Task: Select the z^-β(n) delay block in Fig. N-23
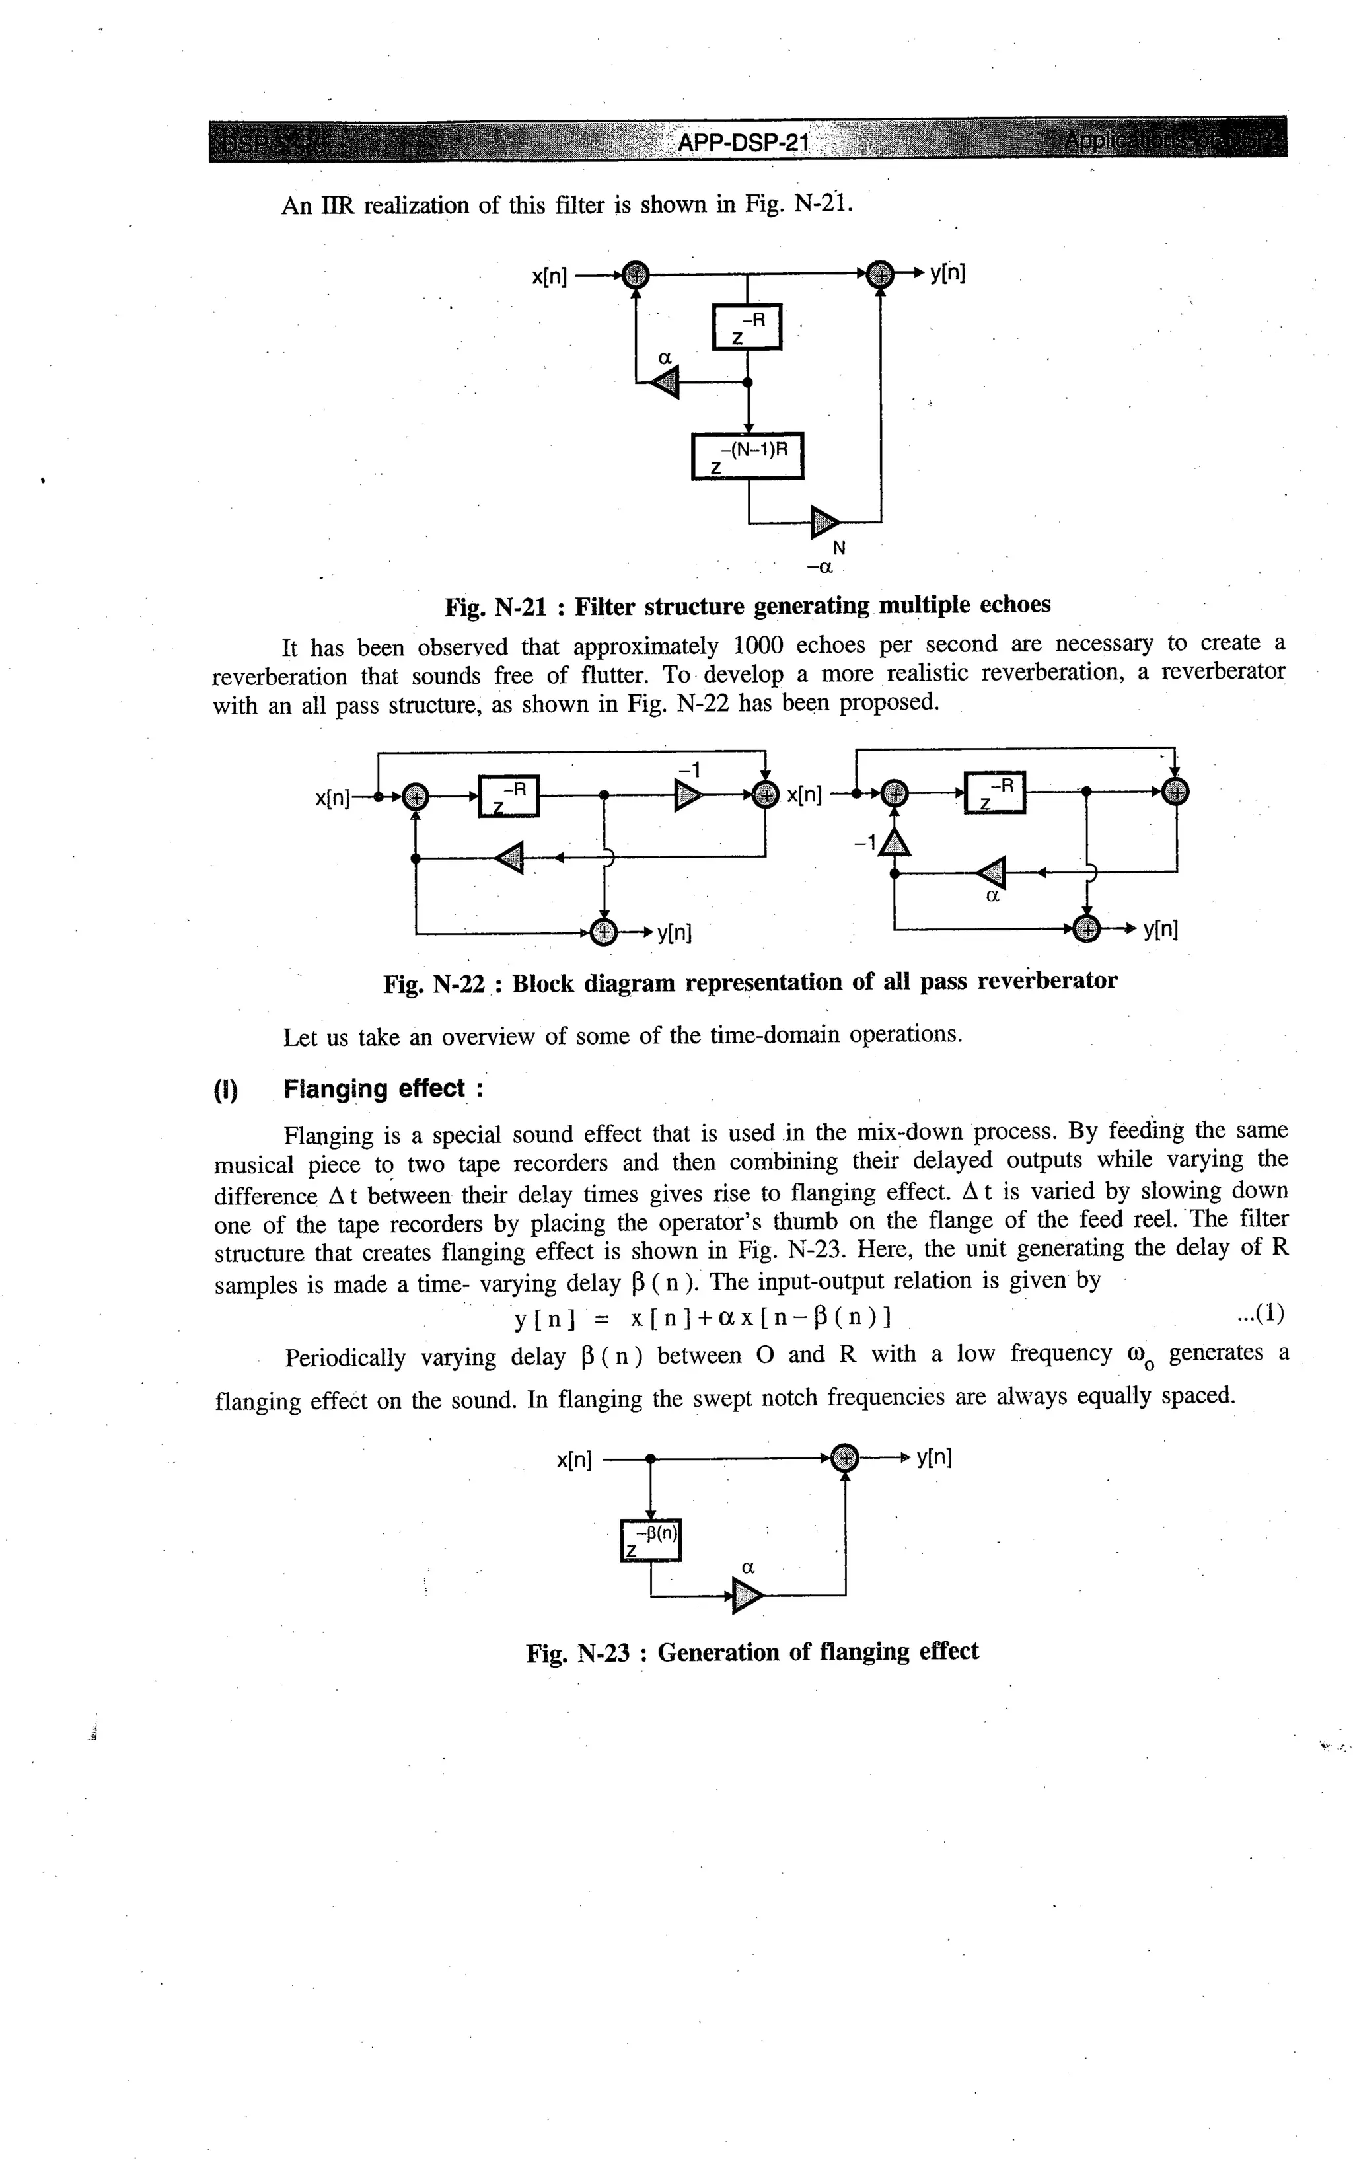pos(651,1539)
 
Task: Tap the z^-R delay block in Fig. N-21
pos(747,328)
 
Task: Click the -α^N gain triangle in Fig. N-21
pos(824,522)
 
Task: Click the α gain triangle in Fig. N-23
pos(747,1596)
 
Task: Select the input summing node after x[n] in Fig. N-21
pos(636,275)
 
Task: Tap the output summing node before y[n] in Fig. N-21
pos(881,275)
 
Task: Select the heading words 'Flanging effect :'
pos(383,1089)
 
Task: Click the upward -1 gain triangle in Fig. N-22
pos(894,842)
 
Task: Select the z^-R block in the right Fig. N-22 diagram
pos(994,792)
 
